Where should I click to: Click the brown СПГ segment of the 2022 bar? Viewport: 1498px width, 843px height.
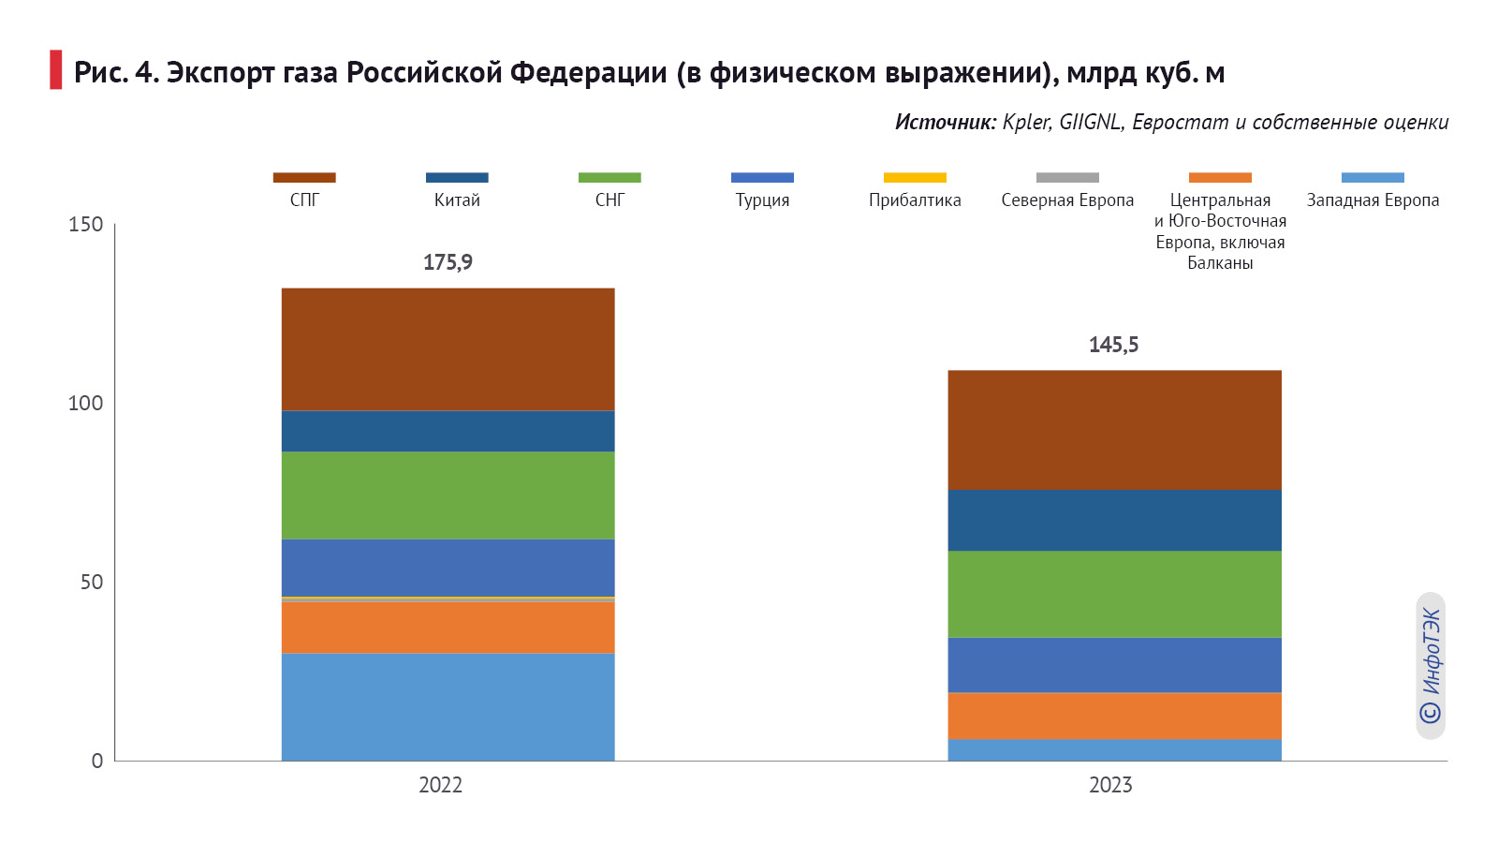[448, 348]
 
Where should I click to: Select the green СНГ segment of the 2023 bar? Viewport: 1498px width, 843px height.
[1114, 594]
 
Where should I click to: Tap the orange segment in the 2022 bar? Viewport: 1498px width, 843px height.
[448, 627]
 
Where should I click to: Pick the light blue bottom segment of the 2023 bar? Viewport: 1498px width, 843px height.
[1114, 750]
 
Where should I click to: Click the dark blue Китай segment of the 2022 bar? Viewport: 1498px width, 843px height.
[448, 431]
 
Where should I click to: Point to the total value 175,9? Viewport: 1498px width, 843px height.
[448, 262]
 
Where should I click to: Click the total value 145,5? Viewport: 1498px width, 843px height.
[1113, 345]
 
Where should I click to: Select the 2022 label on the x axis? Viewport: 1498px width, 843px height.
[440, 785]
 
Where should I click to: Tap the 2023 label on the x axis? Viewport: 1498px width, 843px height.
[1110, 785]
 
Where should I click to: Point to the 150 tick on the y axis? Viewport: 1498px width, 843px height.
[85, 225]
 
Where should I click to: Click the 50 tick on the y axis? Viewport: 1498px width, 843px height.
[91, 583]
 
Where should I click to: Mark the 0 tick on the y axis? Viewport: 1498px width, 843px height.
[96, 761]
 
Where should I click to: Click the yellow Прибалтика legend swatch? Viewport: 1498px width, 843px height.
[915, 177]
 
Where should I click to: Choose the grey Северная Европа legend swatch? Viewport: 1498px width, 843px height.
[1067, 177]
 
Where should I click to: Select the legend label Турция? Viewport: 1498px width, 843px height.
[762, 200]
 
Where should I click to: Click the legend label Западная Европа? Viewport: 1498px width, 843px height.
[1373, 200]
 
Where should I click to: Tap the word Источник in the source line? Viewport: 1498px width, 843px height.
[945, 123]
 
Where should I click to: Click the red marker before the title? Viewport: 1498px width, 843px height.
[55, 70]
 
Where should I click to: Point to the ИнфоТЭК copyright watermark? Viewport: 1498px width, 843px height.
[1431, 666]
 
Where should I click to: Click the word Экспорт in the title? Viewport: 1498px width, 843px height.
[221, 73]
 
